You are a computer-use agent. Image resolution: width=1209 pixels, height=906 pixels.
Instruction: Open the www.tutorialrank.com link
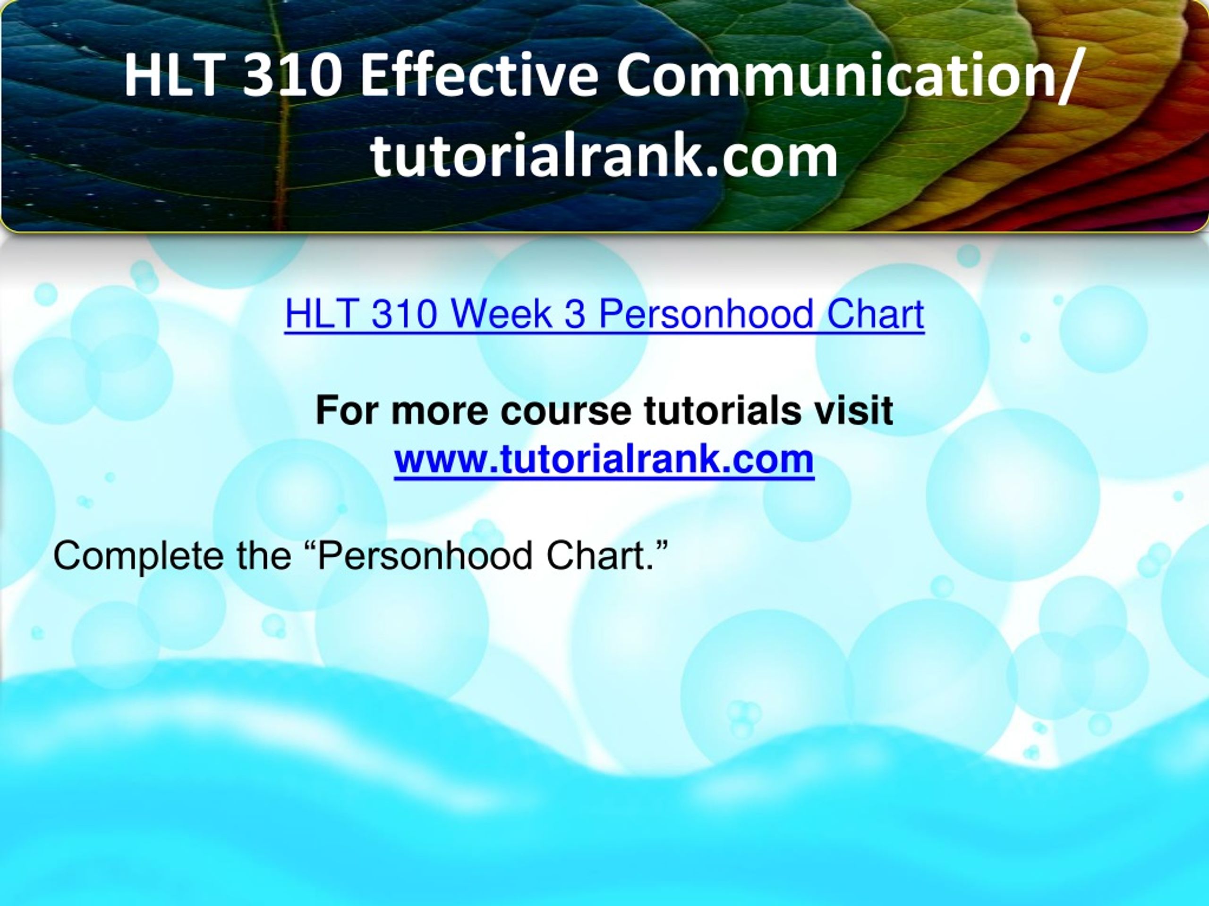click(604, 459)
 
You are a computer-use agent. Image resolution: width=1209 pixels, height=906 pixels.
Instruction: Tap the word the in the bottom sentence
click(264, 555)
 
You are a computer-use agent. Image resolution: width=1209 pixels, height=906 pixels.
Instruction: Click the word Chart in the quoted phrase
click(597, 555)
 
